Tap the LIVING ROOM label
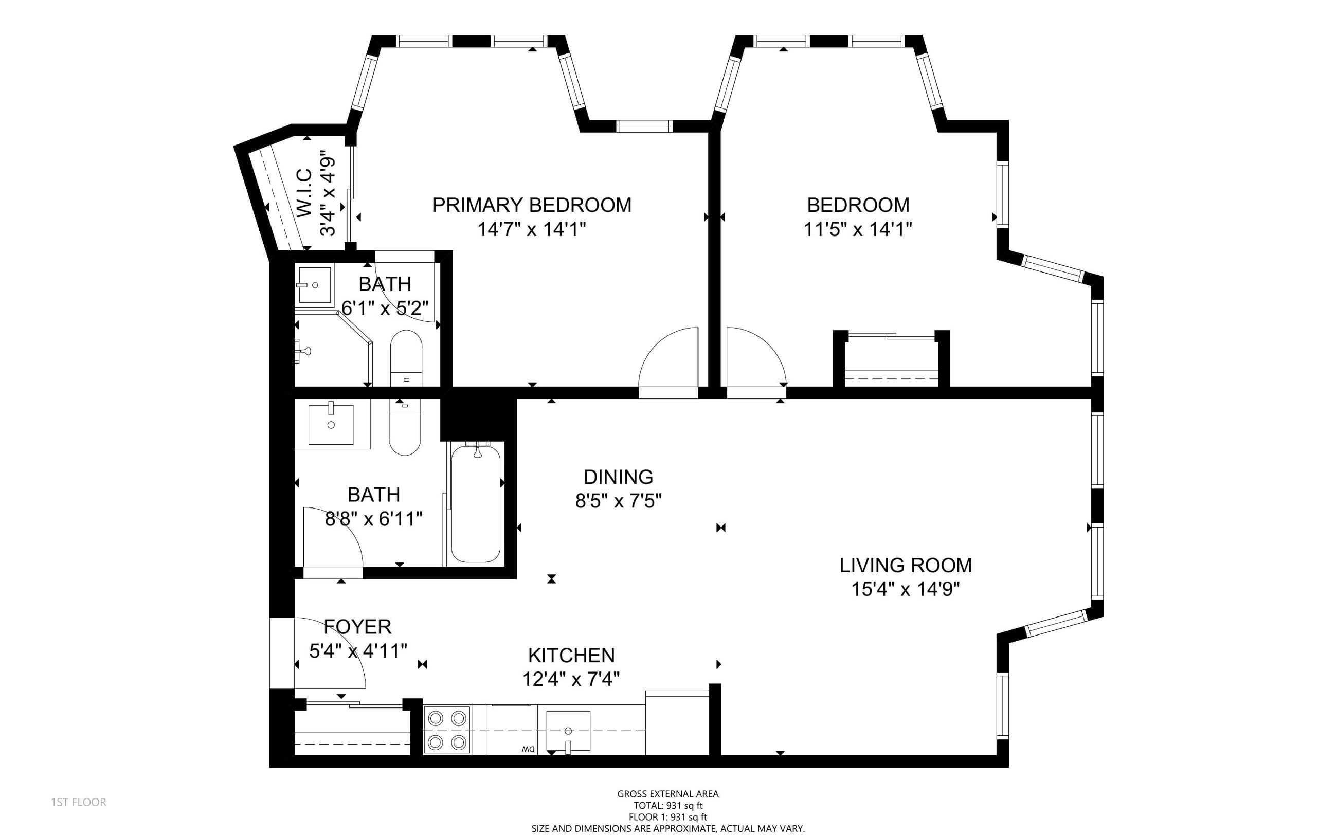[x=906, y=565]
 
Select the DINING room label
[x=619, y=477]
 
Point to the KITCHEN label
[x=572, y=655]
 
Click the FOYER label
[x=358, y=626]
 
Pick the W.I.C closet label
[x=305, y=193]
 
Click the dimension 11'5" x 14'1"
[x=858, y=229]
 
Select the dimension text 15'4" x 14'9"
[x=906, y=589]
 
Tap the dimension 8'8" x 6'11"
[x=374, y=519]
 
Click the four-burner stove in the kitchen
[x=447, y=730]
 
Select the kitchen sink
[x=568, y=732]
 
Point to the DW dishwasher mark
[x=528, y=750]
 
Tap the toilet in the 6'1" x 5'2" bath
[x=406, y=358]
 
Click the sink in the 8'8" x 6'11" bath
[x=331, y=424]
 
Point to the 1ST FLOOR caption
[x=79, y=802]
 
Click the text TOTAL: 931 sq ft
[x=668, y=806]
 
